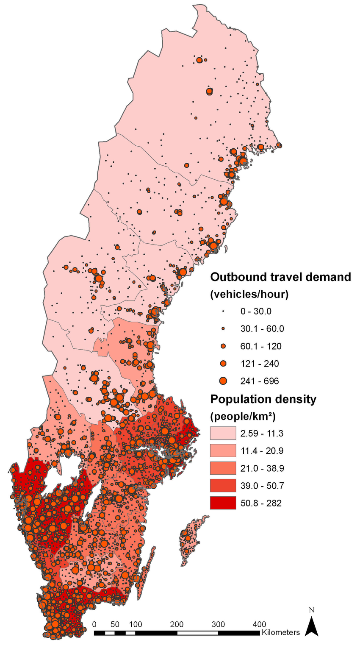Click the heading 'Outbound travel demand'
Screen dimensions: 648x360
[281, 277]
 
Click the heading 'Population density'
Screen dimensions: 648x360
[263, 399]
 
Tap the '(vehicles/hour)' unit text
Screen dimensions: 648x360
[249, 295]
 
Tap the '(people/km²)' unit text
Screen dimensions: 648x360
[243, 416]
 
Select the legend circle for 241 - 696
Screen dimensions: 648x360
[223, 381]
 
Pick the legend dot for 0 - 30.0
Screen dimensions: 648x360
[223, 311]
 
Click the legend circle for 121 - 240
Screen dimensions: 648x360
[223, 364]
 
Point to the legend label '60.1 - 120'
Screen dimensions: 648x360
[260, 346]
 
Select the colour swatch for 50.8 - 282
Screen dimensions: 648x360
[223, 503]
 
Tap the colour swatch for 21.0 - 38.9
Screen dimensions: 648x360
[223, 468]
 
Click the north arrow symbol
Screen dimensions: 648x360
[312, 626]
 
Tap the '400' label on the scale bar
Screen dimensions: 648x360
[259, 624]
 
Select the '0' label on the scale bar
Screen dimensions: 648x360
[94, 624]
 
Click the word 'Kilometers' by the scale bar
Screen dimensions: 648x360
[281, 633]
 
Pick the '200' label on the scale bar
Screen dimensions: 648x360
[177, 624]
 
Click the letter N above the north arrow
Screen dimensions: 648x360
[312, 610]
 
